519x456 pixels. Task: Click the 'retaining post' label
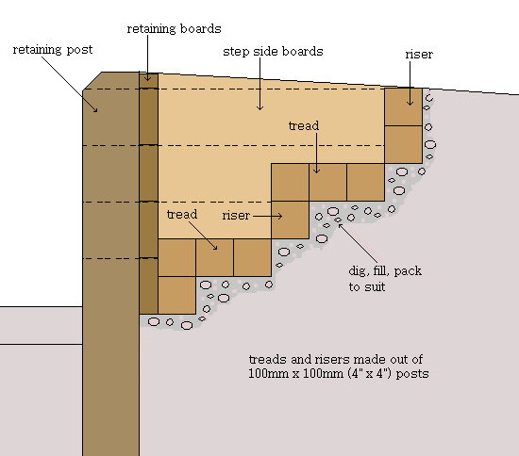click(x=53, y=50)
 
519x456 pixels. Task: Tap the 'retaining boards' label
click(x=175, y=29)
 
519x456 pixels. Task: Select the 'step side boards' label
click(x=273, y=52)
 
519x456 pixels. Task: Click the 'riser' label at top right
click(x=419, y=55)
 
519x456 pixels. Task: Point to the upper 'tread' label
click(x=304, y=125)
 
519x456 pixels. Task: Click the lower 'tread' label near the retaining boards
click(x=182, y=215)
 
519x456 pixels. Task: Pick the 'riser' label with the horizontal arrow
click(x=236, y=216)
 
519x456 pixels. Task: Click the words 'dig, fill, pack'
click(x=385, y=271)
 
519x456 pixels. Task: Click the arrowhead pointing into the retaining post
click(x=95, y=109)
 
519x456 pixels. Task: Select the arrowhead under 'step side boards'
click(x=259, y=107)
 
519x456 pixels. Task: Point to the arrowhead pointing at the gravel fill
click(x=341, y=227)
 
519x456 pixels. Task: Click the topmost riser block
click(x=403, y=106)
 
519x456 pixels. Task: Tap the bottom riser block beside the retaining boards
click(x=176, y=295)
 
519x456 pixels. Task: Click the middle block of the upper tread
click(x=327, y=182)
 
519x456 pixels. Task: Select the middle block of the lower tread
click(x=214, y=258)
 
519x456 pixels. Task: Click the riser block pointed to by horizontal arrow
click(x=290, y=220)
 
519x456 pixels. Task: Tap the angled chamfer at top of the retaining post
click(x=92, y=81)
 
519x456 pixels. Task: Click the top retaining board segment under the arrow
click(x=148, y=81)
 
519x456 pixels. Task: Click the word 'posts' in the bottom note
click(x=412, y=374)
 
